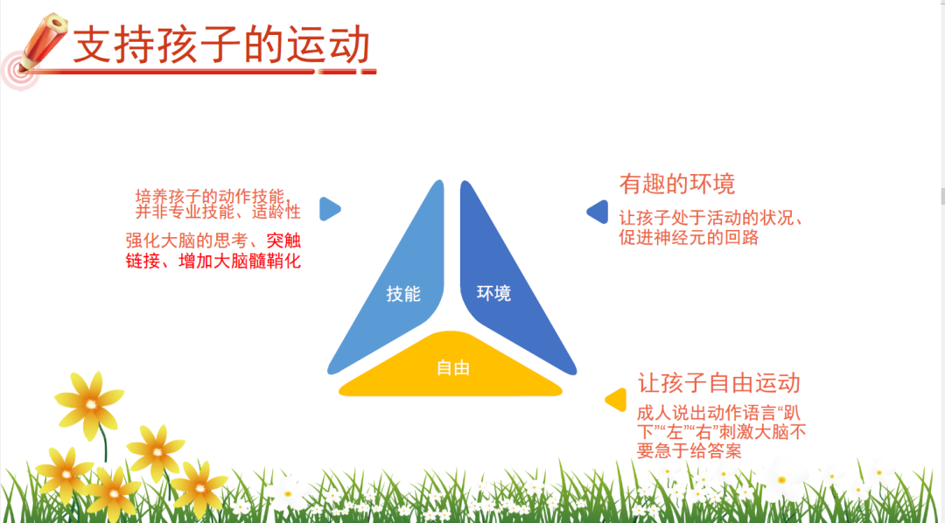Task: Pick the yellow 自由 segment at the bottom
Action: [x=451, y=365]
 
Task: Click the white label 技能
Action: [x=403, y=294]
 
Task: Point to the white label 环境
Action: [x=493, y=293]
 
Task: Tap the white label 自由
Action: [x=452, y=367]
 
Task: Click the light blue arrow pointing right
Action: [x=330, y=209]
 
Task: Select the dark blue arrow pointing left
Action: [x=598, y=212]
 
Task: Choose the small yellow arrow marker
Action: [x=616, y=400]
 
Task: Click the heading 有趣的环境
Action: [x=676, y=185]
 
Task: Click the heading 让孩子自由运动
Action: [x=718, y=382]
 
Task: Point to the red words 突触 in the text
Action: [x=283, y=241]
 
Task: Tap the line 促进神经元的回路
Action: [x=689, y=237]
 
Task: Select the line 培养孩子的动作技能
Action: [x=213, y=197]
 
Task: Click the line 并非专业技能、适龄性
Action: [x=218, y=212]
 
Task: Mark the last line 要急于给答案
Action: [x=689, y=450]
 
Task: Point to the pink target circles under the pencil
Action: [x=18, y=71]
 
